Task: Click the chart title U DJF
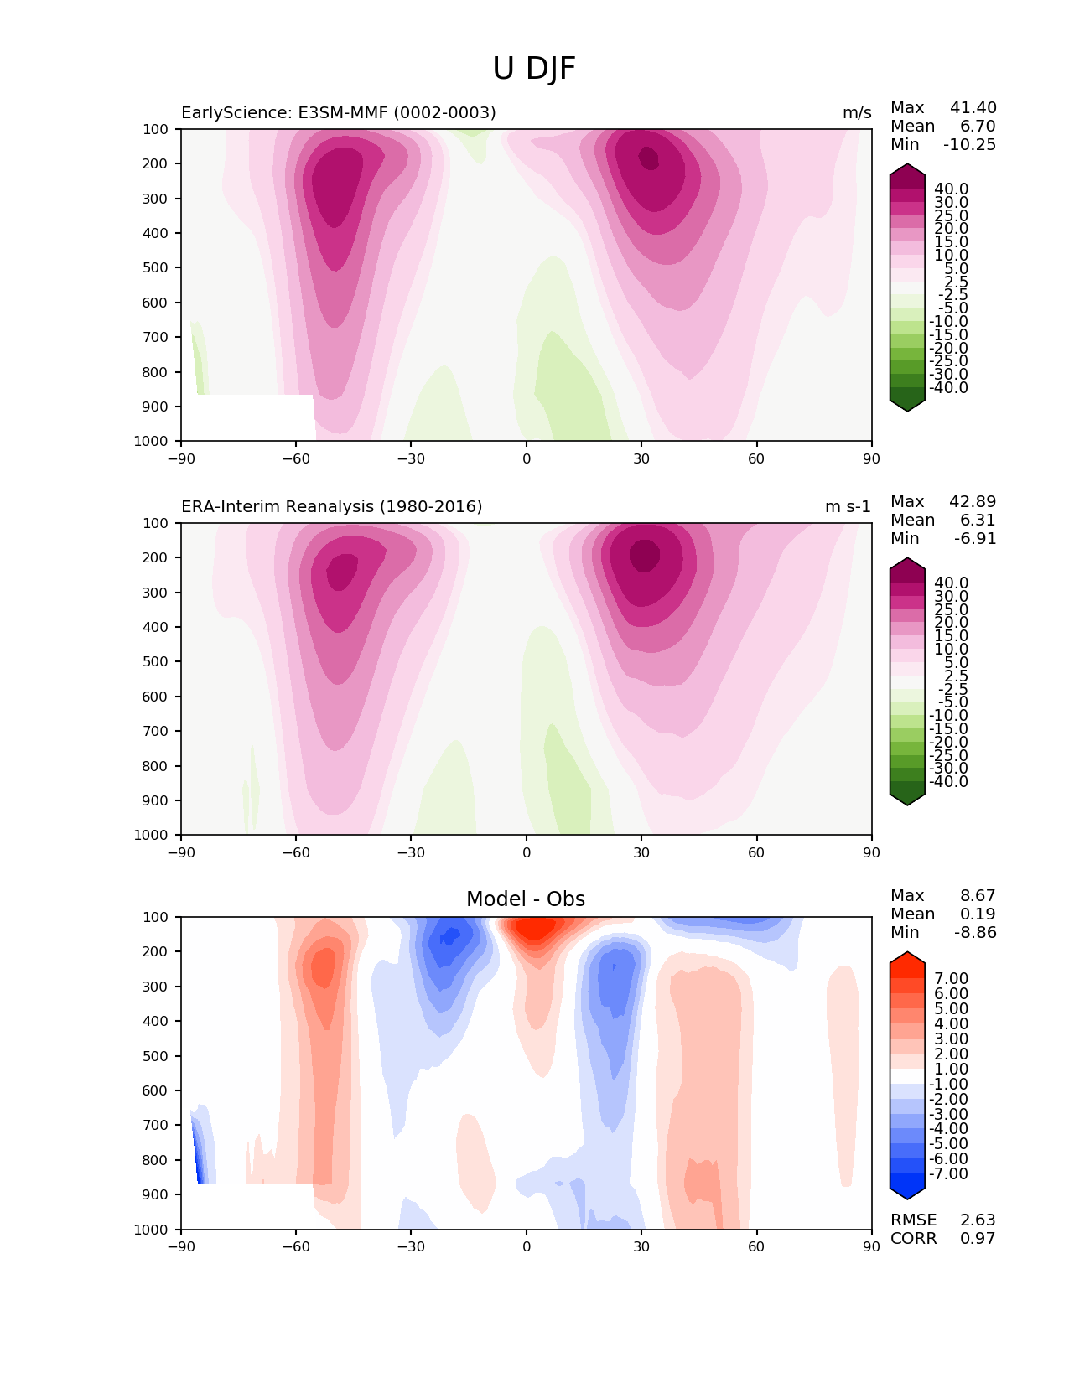(534, 69)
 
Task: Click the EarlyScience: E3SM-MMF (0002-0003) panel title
(339, 112)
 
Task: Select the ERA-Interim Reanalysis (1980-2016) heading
(331, 506)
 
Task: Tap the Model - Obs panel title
(526, 899)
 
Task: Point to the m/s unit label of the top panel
(857, 112)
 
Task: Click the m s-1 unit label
(848, 506)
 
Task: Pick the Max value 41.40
(973, 107)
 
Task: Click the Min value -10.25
(969, 144)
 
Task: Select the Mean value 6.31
(978, 520)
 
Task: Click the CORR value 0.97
(978, 1238)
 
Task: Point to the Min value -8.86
(975, 932)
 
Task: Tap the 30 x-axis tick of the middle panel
(641, 852)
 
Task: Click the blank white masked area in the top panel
(247, 417)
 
